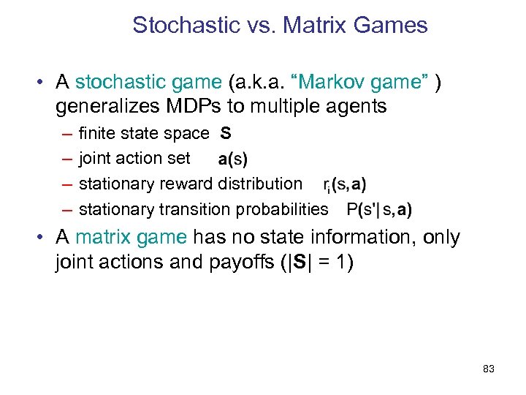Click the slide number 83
point(489,369)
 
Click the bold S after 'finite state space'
point(226,133)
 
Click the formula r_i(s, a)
point(344,185)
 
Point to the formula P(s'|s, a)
point(379,210)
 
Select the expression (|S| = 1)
point(318,262)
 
